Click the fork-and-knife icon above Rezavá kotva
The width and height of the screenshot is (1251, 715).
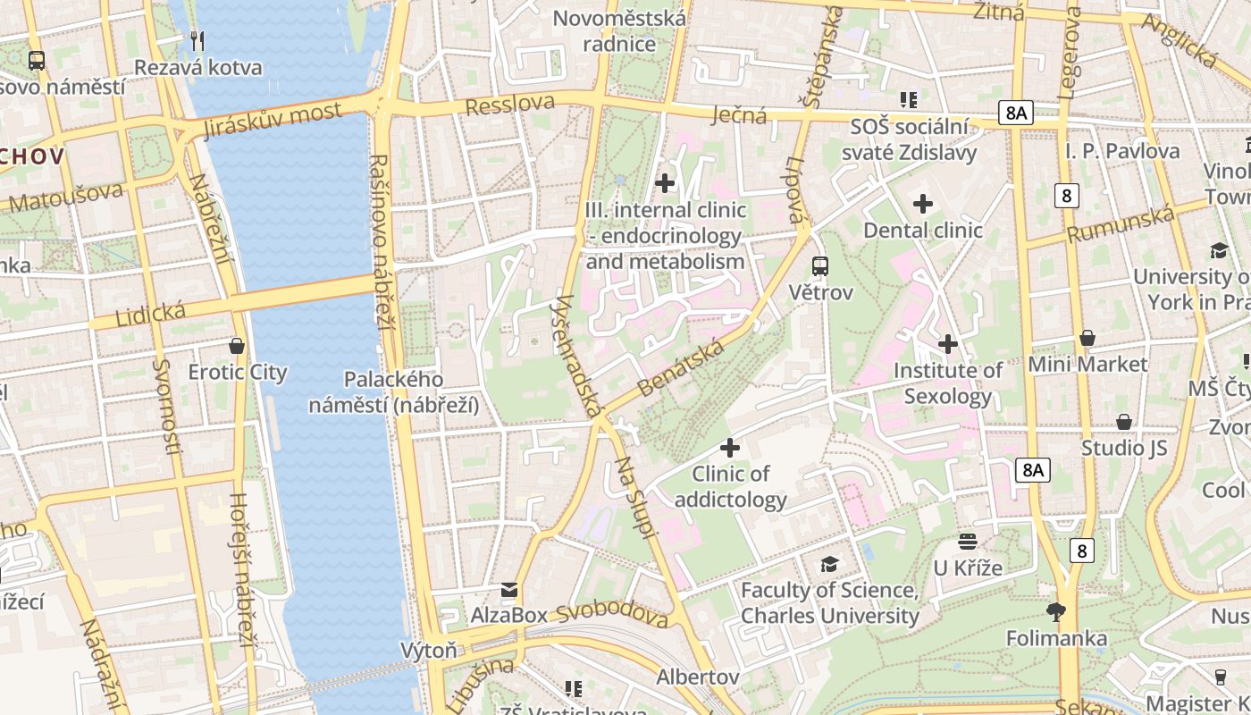(198, 40)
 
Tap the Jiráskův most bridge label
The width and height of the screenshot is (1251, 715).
(273, 120)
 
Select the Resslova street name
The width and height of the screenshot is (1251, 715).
(510, 104)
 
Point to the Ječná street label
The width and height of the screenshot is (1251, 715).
(740, 114)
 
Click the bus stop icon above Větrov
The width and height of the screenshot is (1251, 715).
(820, 265)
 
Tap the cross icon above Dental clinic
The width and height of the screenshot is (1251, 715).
(923, 204)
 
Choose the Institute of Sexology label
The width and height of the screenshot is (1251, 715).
(948, 383)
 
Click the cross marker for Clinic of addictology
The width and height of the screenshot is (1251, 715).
(730, 447)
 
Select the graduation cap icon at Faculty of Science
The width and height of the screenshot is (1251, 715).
(830, 564)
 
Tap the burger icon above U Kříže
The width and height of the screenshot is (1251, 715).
(968, 541)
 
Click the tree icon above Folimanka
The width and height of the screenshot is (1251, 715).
(1056, 611)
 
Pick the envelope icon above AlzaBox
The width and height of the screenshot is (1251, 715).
(509, 589)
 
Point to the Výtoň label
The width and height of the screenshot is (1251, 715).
(429, 650)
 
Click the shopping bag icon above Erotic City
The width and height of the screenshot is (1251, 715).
(237, 345)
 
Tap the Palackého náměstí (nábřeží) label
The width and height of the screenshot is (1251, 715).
(394, 392)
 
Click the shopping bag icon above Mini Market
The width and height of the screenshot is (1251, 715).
(1087, 337)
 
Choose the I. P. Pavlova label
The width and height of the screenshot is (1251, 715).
(1122, 151)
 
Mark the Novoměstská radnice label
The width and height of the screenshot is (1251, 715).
(620, 30)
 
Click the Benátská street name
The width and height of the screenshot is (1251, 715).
(680, 366)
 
